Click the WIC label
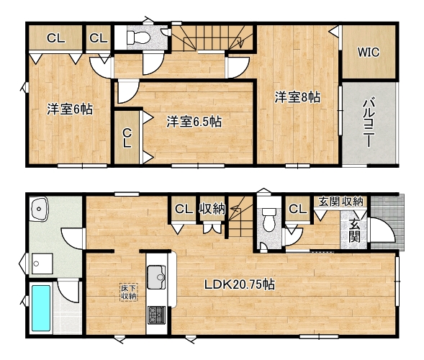(x=369, y=52)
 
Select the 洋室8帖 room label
(x=298, y=97)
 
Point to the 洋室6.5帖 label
(x=194, y=122)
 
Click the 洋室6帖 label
(x=70, y=109)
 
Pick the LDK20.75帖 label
(x=240, y=284)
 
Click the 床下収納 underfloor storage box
(x=129, y=292)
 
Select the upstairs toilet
(x=138, y=37)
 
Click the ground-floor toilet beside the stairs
(x=269, y=219)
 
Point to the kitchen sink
(x=156, y=277)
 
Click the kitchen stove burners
(x=156, y=315)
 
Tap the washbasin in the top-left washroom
(x=40, y=209)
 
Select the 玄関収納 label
(x=340, y=202)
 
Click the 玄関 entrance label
(x=354, y=230)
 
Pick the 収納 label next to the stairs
(x=212, y=209)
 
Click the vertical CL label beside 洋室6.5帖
(x=127, y=138)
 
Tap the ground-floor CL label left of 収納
(x=184, y=209)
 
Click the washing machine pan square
(x=42, y=264)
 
